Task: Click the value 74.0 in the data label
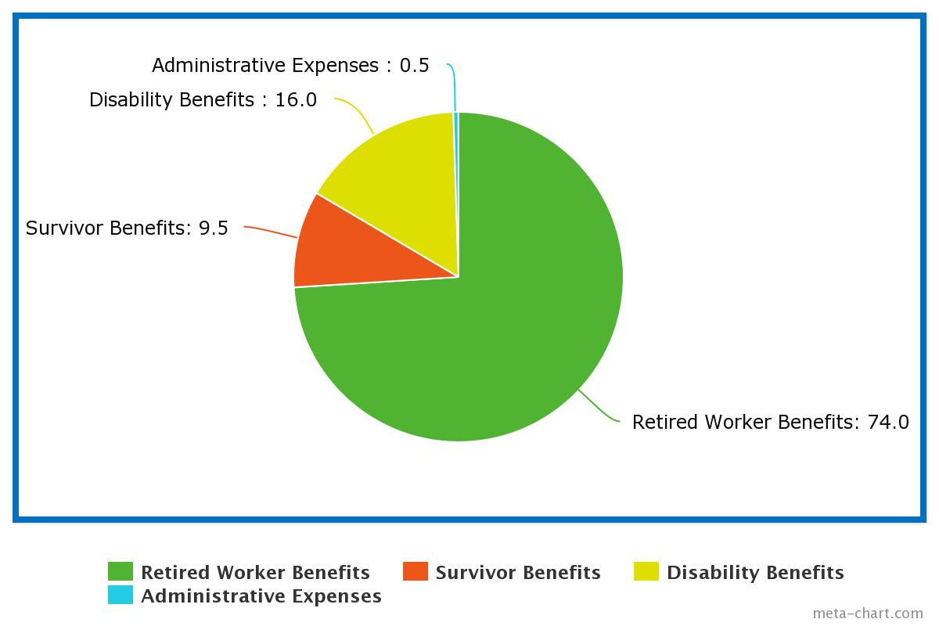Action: pyautogui.click(x=888, y=423)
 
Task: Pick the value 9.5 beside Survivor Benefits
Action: pyautogui.click(x=214, y=228)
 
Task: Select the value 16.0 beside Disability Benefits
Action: pyautogui.click(x=296, y=100)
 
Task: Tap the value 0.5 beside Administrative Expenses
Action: pyautogui.click(x=414, y=66)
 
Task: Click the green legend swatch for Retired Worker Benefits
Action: pyautogui.click(x=121, y=572)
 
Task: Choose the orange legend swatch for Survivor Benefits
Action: pyautogui.click(x=416, y=572)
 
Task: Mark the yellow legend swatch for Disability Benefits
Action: pyautogui.click(x=646, y=572)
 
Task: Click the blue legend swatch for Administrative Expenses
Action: pyautogui.click(x=121, y=595)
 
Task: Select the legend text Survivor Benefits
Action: pyautogui.click(x=518, y=573)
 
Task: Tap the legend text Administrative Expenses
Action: pyautogui.click(x=261, y=596)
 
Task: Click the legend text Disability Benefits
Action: pyautogui.click(x=755, y=573)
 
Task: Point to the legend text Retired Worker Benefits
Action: pyautogui.click(x=255, y=573)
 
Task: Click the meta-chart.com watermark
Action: pyautogui.click(x=868, y=613)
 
